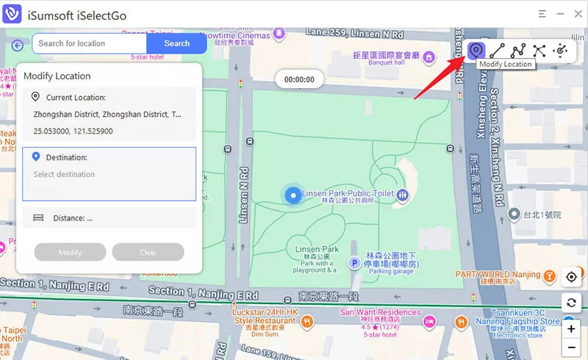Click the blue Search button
click(x=176, y=43)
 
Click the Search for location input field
click(x=89, y=43)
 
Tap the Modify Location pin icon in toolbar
click(x=476, y=50)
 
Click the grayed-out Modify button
click(x=71, y=253)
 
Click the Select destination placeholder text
click(x=65, y=175)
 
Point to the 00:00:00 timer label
click(x=299, y=79)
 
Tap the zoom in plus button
click(x=571, y=328)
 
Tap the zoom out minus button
click(x=571, y=347)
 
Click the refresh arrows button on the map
click(x=571, y=303)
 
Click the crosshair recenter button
click(x=571, y=277)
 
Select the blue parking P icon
click(x=354, y=262)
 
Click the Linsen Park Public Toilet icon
click(x=404, y=195)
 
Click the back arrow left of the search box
click(x=18, y=45)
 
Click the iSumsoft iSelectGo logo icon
click(x=12, y=13)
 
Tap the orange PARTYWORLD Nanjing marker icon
click(x=548, y=276)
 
